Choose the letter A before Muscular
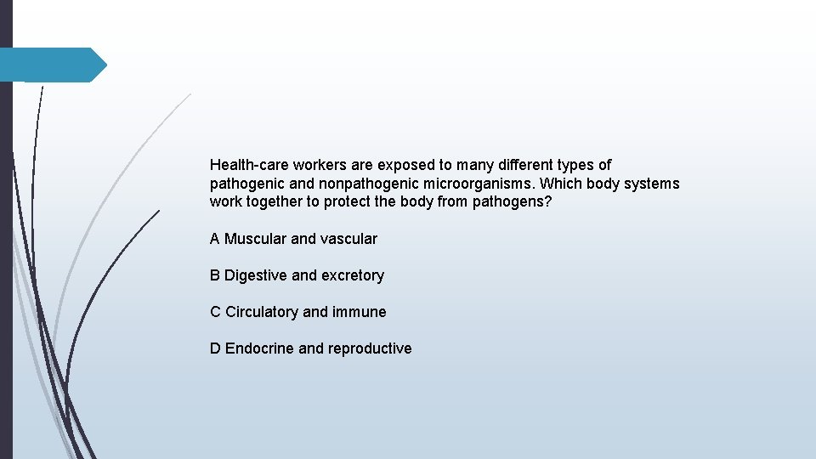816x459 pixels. tap(215, 239)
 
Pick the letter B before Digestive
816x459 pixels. tap(215, 275)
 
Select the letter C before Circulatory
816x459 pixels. tap(216, 312)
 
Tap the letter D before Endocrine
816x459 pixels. tap(216, 348)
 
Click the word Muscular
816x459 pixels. tap(256, 239)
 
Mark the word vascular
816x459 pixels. tap(348, 239)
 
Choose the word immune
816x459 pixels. tap(360, 312)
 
